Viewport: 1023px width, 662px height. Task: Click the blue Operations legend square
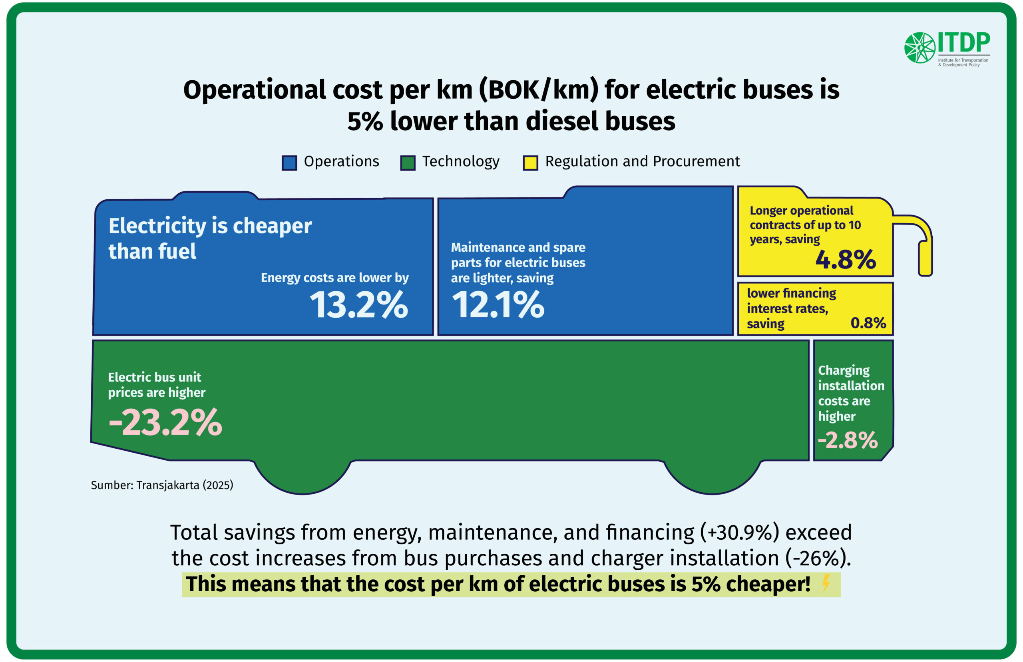pyautogui.click(x=289, y=163)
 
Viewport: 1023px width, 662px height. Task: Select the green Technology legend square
pyautogui.click(x=408, y=163)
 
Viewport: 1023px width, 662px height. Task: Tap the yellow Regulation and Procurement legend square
pyautogui.click(x=530, y=163)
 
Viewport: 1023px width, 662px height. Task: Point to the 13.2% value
pyautogui.click(x=358, y=305)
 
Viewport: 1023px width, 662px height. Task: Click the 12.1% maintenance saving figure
pyautogui.click(x=498, y=305)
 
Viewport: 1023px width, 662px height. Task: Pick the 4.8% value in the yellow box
pyautogui.click(x=845, y=260)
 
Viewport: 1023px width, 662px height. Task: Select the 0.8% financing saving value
pyautogui.click(x=868, y=323)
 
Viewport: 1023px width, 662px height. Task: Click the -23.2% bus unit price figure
pyautogui.click(x=165, y=423)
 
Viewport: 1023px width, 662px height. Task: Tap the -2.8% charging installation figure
pyautogui.click(x=847, y=440)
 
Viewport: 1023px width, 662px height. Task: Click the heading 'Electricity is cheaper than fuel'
pyautogui.click(x=210, y=238)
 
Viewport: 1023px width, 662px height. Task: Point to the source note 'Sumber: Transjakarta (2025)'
pyautogui.click(x=162, y=485)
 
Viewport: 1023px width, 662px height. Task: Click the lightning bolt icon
pyautogui.click(x=826, y=583)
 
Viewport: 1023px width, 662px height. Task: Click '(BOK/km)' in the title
pyautogui.click(x=539, y=90)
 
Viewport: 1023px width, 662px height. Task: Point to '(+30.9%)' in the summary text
pyautogui.click(x=739, y=532)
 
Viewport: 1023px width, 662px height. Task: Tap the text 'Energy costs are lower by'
pyautogui.click(x=334, y=278)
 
